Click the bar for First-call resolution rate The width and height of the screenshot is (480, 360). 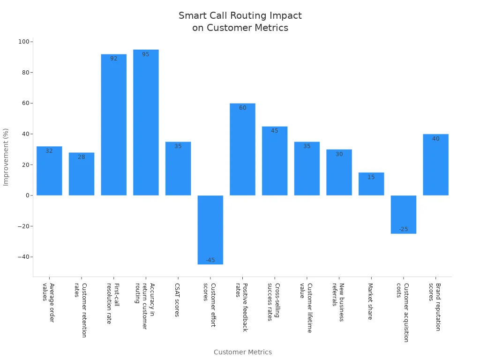click(x=113, y=125)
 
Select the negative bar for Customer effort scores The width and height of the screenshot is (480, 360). click(x=210, y=230)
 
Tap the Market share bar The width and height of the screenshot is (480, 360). click(x=371, y=184)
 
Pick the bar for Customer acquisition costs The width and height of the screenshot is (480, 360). click(x=403, y=214)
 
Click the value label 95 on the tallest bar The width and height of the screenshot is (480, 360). click(x=146, y=54)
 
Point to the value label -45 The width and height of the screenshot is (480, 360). click(x=210, y=260)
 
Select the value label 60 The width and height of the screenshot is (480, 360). click(x=242, y=108)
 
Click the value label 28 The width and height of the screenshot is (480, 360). click(x=82, y=157)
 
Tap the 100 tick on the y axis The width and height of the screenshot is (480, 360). click(x=23, y=42)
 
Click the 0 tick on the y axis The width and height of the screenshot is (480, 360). click(x=27, y=195)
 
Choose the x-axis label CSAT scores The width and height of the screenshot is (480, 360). click(x=177, y=300)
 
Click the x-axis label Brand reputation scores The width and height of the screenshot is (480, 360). click(x=435, y=307)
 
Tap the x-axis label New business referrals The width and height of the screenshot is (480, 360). click(x=338, y=302)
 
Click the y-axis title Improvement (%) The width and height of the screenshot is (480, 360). click(x=6, y=157)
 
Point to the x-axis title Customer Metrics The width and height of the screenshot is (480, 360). click(x=242, y=352)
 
